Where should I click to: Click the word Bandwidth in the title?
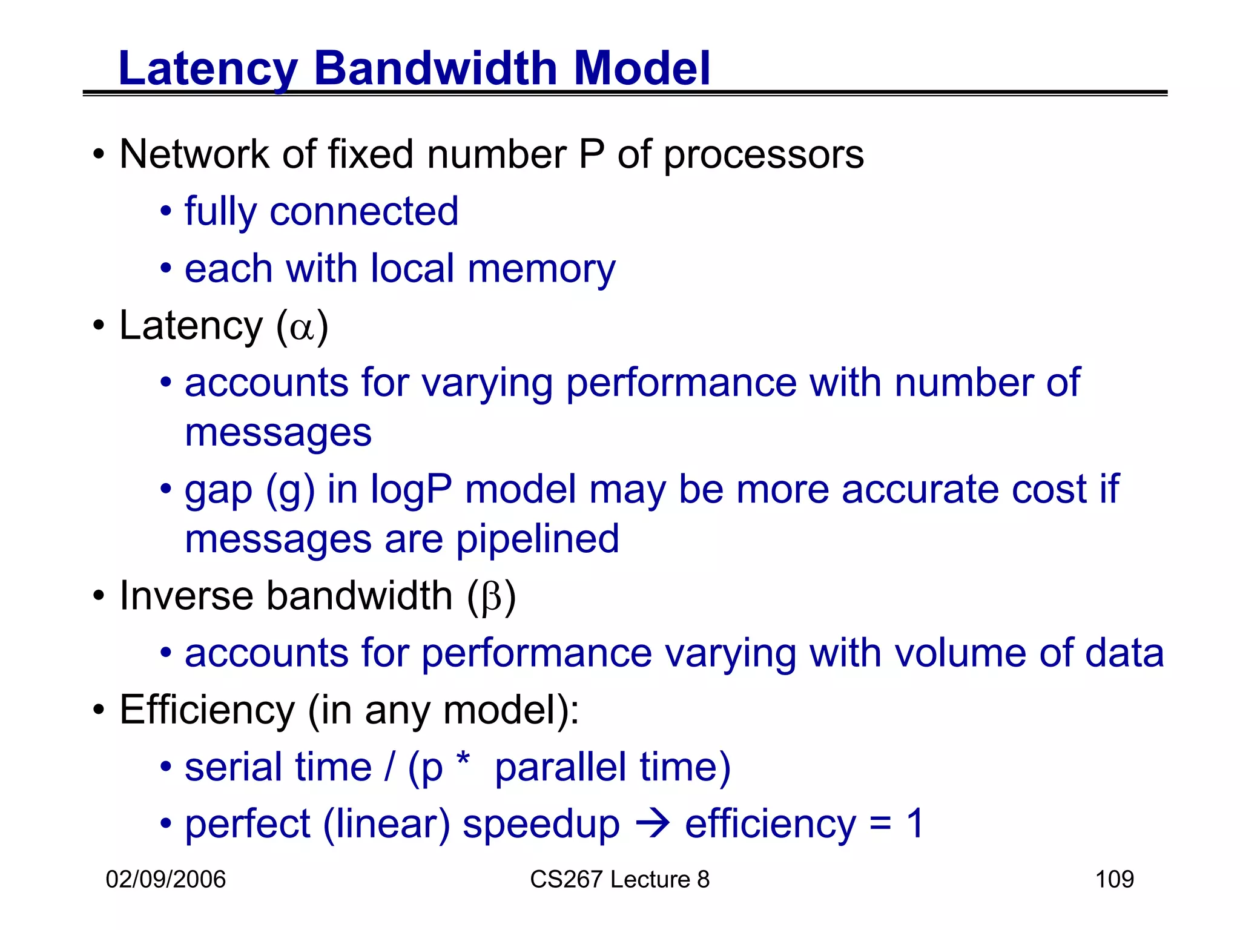tap(435, 68)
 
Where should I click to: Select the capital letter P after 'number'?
tap(592, 154)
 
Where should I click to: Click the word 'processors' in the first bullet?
tap(763, 156)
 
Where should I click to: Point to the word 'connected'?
tap(363, 211)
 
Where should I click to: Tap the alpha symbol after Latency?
tap(302, 328)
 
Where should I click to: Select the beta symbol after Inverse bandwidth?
tap(492, 598)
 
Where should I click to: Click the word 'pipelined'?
tap(537, 539)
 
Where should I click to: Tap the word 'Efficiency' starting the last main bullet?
tap(207, 710)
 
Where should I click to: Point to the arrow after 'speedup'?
tap(653, 824)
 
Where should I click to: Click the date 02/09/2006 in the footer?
tap(165, 879)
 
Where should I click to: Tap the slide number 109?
tap(1114, 879)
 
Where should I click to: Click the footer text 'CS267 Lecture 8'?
tap(619, 879)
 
